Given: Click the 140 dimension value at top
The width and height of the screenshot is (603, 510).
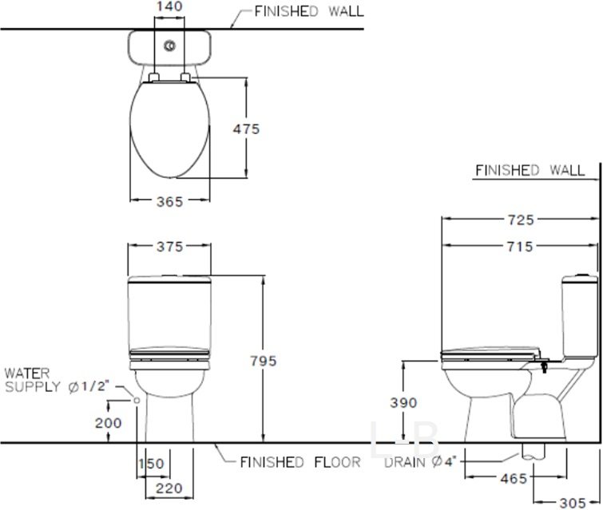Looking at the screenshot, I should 170,6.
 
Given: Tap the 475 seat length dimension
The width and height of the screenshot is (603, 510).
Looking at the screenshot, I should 246,128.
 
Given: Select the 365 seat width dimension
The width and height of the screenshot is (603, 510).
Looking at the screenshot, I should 169,202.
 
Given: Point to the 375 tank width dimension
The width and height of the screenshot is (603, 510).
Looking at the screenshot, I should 169,247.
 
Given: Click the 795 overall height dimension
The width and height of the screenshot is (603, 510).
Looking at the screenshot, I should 262,361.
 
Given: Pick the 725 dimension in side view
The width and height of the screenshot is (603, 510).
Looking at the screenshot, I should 519,218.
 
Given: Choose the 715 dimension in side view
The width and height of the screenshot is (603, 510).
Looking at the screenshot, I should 519,247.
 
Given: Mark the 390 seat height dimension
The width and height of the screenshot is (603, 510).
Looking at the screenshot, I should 404,402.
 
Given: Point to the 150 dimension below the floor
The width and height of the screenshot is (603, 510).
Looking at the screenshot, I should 152,463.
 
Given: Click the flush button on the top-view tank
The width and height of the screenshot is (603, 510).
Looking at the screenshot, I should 169,47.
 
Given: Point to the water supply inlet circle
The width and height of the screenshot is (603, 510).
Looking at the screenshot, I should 137,398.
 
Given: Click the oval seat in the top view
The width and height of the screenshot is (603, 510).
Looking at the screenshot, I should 169,128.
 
